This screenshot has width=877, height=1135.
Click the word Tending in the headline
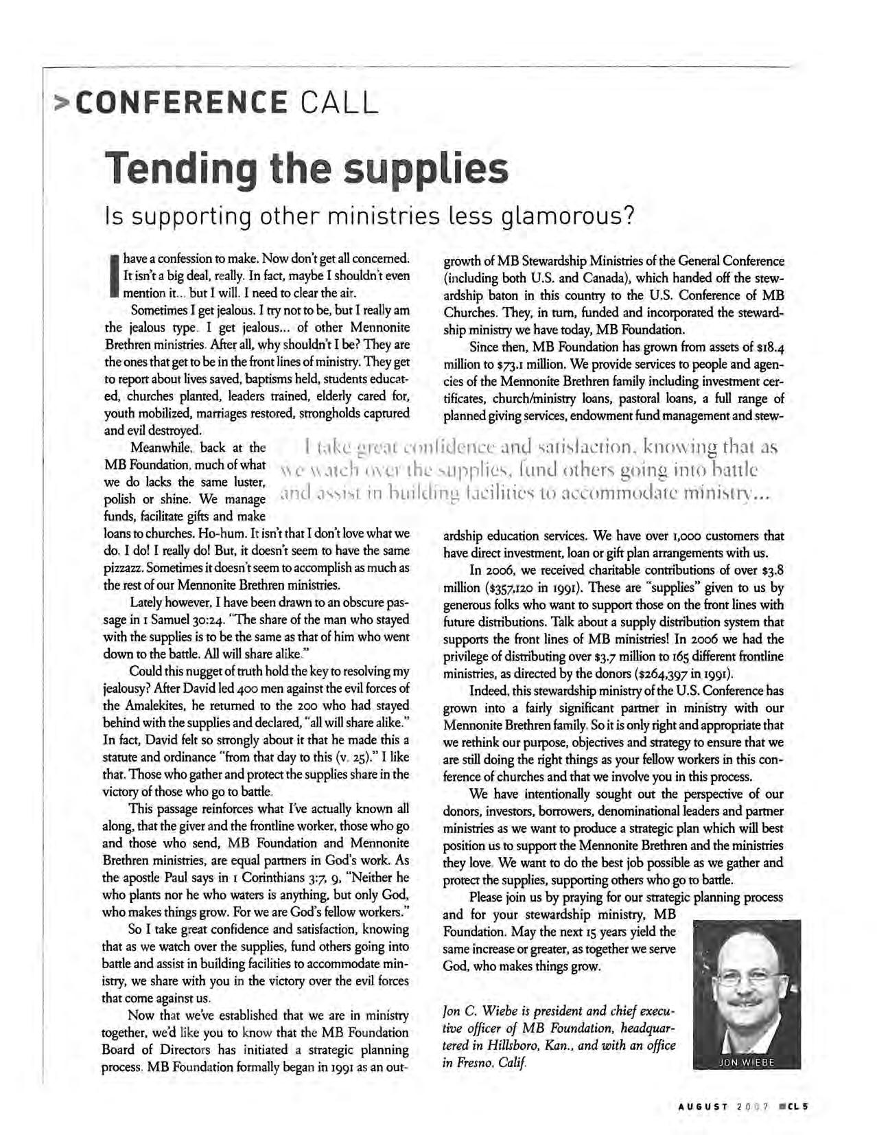click(x=179, y=168)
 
